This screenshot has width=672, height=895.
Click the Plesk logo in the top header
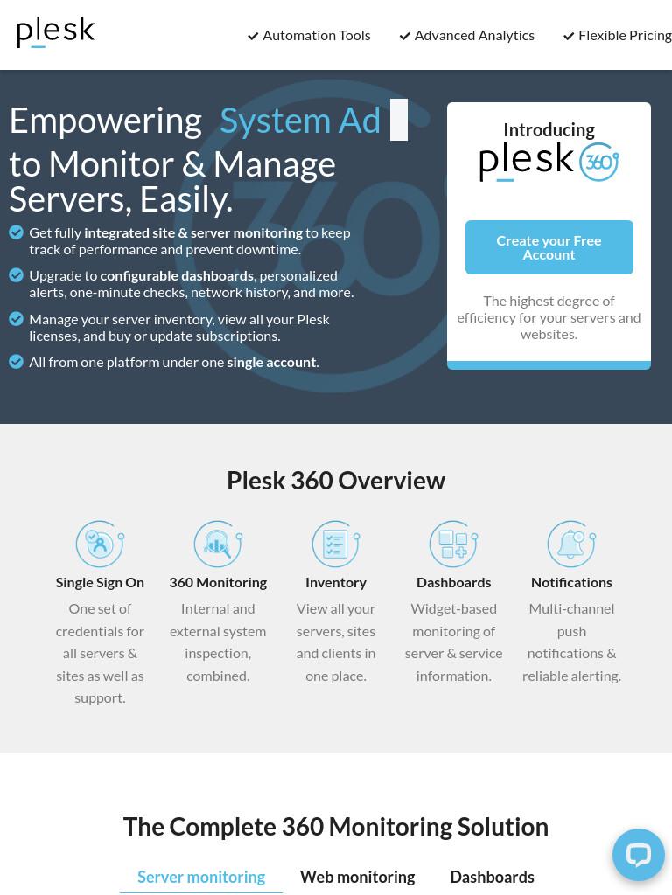(x=55, y=32)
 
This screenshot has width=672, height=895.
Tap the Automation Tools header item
(x=309, y=35)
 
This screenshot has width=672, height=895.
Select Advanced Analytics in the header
(x=467, y=35)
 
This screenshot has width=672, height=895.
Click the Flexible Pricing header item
(x=618, y=35)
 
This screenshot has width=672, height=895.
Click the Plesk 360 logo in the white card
(x=549, y=162)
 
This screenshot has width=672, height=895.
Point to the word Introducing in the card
(x=549, y=130)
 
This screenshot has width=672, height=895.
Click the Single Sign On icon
(x=100, y=544)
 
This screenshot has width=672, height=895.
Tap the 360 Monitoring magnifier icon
(x=218, y=544)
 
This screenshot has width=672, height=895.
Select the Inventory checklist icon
(x=336, y=544)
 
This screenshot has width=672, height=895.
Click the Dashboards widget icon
(x=454, y=544)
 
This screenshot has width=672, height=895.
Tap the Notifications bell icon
(x=571, y=544)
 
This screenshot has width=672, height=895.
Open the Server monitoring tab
(x=201, y=877)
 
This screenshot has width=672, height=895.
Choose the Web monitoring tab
(x=358, y=877)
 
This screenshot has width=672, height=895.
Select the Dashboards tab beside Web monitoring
(x=492, y=877)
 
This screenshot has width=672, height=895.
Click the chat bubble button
(x=638, y=855)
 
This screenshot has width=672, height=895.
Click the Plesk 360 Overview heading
(x=336, y=481)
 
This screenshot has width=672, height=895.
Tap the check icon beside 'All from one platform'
(x=16, y=362)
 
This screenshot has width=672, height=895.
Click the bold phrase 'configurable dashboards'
(x=177, y=275)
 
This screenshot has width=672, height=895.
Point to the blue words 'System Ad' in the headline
(x=300, y=121)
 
